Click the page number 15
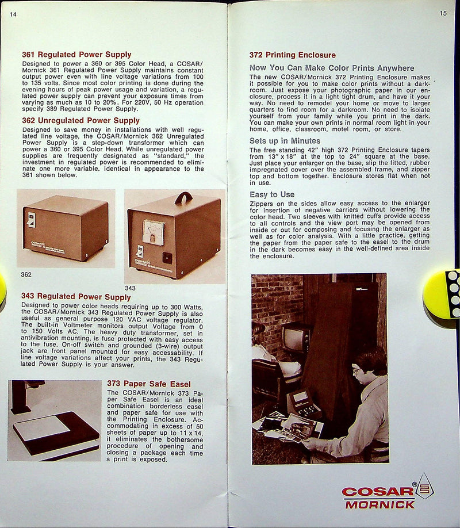tap(443, 13)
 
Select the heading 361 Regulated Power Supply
tap(76, 55)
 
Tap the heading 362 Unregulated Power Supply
tap(80, 121)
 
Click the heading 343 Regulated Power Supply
tap(76, 297)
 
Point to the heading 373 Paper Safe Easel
tap(149, 384)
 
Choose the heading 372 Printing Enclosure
tap(293, 55)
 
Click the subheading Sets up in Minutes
tap(285, 141)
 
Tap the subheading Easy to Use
tap(272, 194)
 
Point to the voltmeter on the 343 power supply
tap(153, 232)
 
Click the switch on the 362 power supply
tap(32, 219)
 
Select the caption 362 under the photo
tap(26, 274)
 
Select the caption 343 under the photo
tap(131, 288)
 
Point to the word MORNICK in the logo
tap(379, 504)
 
